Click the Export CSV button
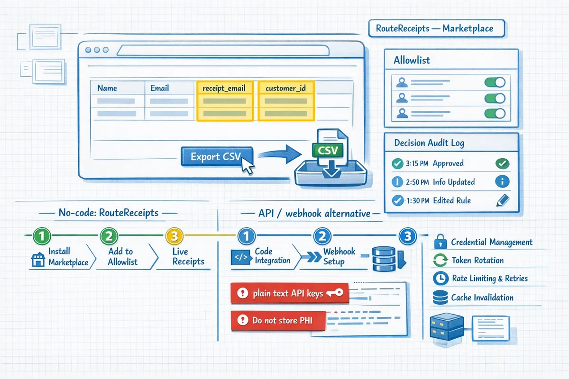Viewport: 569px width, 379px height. (x=216, y=156)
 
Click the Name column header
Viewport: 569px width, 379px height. (x=107, y=88)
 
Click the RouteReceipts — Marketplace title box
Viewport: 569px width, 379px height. (x=435, y=28)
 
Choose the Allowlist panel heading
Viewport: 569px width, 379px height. (x=412, y=61)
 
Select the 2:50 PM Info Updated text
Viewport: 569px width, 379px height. (x=440, y=182)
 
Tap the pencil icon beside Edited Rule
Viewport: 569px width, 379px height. (x=501, y=200)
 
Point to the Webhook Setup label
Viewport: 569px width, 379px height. (x=333, y=256)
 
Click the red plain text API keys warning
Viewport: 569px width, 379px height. (x=288, y=294)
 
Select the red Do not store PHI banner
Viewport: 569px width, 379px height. (x=278, y=321)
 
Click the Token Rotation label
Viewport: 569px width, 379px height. (x=477, y=260)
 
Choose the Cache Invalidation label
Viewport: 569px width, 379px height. (x=482, y=298)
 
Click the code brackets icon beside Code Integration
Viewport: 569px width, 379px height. (x=239, y=257)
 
